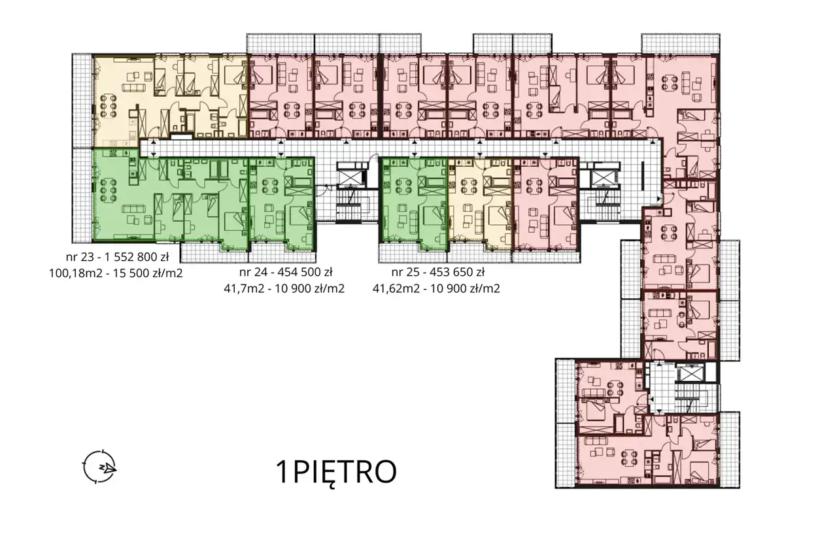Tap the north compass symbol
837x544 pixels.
[100, 467]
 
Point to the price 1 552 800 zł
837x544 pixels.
[137, 257]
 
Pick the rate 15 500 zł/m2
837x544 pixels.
[148, 273]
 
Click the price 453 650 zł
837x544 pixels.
[458, 273]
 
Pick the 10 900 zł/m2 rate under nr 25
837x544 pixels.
[465, 289]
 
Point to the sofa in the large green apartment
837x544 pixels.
[134, 209]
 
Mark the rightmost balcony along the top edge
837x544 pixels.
[681, 44]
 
